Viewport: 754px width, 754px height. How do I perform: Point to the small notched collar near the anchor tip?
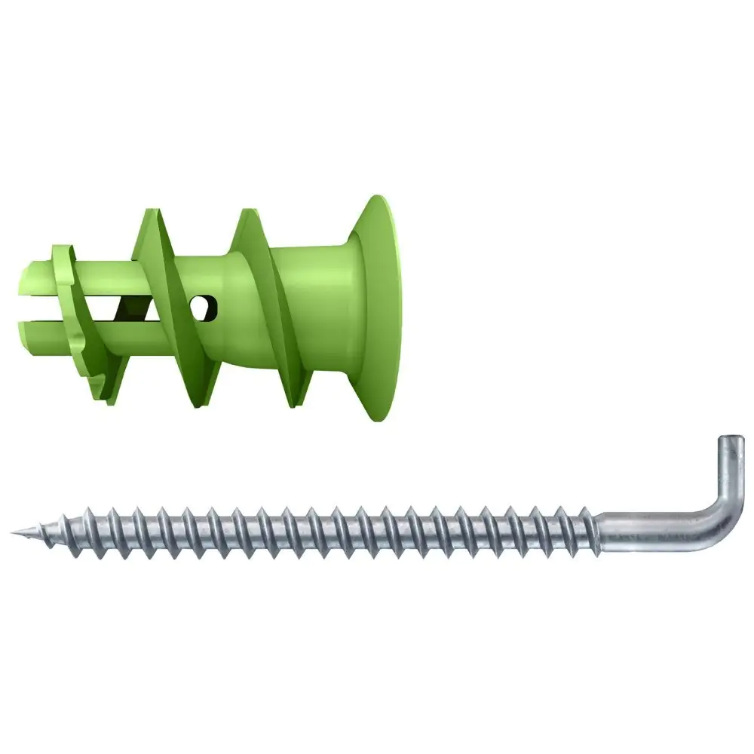pos(75,317)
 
